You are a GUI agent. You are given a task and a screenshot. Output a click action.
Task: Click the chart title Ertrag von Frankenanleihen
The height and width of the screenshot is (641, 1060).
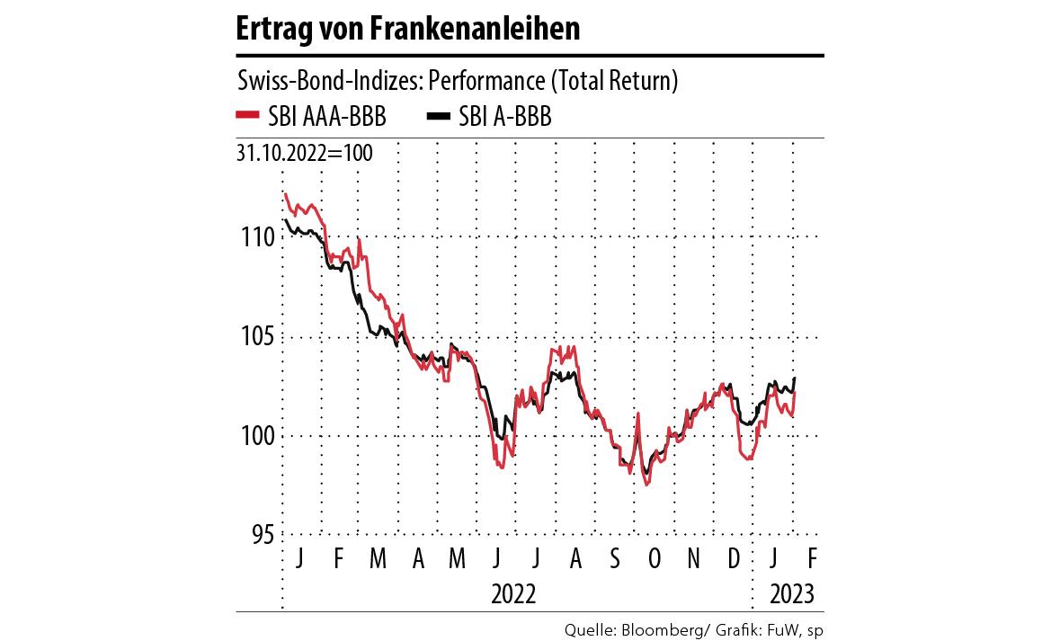click(x=407, y=29)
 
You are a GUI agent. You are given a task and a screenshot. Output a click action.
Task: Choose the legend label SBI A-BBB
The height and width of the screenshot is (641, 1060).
click(x=505, y=116)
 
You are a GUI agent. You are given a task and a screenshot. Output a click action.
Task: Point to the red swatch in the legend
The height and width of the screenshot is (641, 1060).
click(x=246, y=115)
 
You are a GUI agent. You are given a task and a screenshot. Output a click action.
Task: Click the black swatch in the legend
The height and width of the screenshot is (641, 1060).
click(x=438, y=115)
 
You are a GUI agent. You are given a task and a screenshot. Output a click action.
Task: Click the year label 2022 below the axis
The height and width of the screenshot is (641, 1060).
click(x=514, y=594)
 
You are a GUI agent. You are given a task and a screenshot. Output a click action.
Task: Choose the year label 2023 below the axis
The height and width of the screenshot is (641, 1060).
click(x=792, y=594)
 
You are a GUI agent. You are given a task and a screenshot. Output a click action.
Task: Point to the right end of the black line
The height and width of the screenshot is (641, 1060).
click(x=795, y=378)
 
